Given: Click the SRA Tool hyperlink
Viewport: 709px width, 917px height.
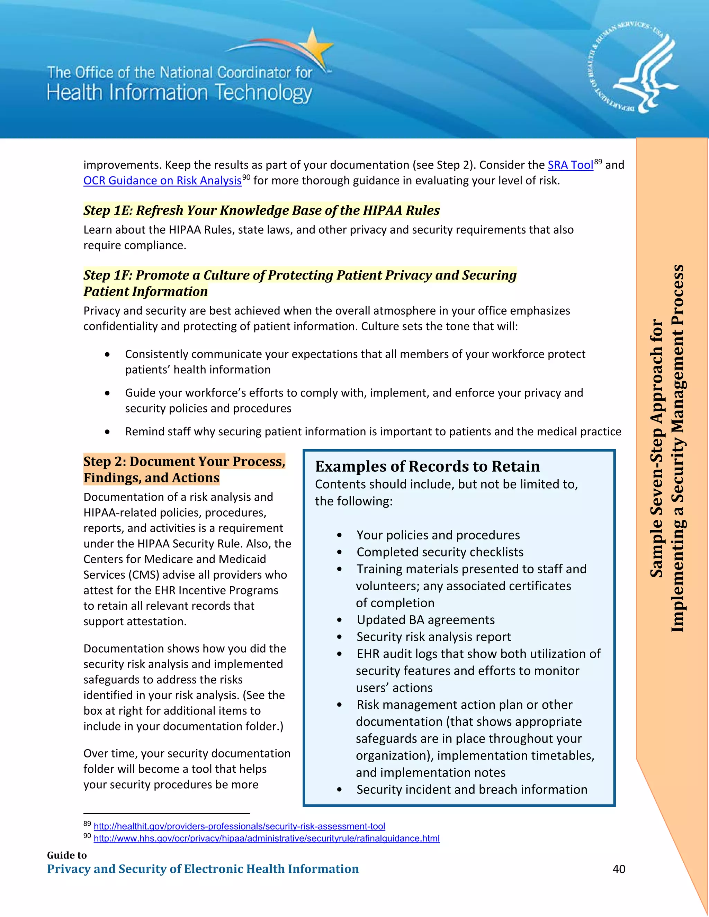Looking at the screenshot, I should point(570,165).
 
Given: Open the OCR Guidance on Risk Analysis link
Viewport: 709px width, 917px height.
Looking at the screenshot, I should point(162,181).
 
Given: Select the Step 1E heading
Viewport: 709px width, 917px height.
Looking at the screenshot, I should point(261,210).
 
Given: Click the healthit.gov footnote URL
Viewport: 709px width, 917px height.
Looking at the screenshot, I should point(239,826).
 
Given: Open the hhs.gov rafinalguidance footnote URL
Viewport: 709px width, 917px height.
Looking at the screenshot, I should point(266,838).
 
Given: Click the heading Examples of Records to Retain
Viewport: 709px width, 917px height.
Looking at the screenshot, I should point(427,466).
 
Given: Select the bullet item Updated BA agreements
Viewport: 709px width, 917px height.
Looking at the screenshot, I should point(425,620).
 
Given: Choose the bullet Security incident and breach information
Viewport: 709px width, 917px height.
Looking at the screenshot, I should point(472,789).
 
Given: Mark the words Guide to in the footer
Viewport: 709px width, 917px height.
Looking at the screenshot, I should point(67,855).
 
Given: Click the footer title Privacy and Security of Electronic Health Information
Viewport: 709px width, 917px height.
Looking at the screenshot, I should point(203,869).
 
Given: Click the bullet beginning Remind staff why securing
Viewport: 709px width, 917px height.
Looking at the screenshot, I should point(373,432).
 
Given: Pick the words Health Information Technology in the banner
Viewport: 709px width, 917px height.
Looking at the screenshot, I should point(179,93).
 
